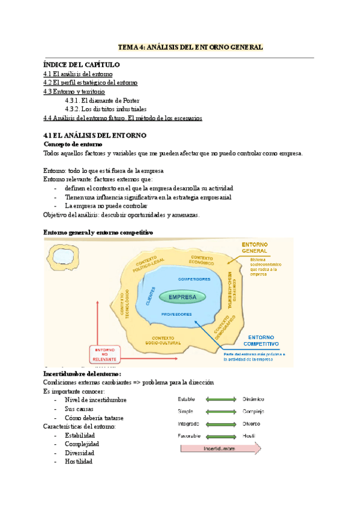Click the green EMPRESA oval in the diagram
point(182,297)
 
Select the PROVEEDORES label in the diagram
point(176,315)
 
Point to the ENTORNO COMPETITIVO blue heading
point(262,341)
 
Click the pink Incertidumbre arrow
point(220,447)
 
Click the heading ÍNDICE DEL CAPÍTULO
point(82,64)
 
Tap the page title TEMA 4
point(190,46)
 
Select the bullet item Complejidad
point(82,444)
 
